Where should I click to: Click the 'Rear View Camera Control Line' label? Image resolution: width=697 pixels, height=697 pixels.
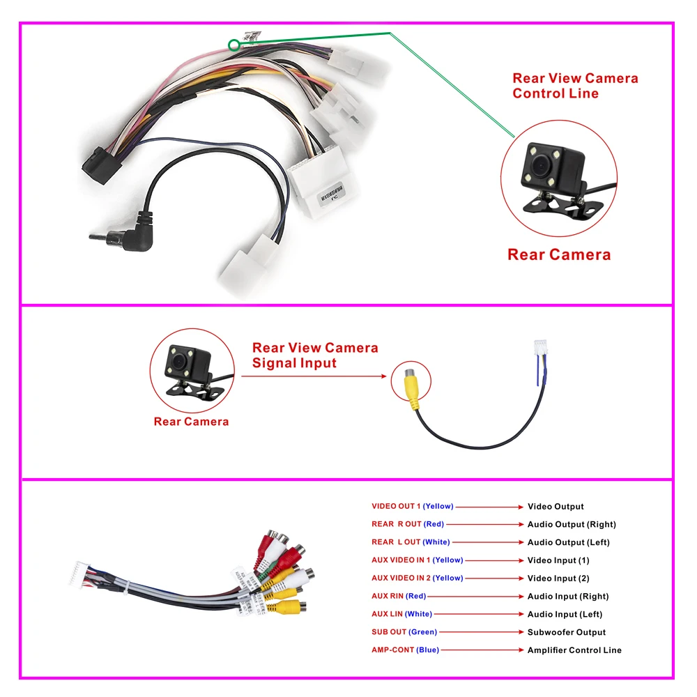pyautogui.click(x=575, y=86)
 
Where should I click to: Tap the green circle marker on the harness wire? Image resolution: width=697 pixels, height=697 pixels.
pyautogui.click(x=233, y=45)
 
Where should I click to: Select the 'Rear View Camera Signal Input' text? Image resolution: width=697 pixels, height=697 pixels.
pyautogui.click(x=315, y=355)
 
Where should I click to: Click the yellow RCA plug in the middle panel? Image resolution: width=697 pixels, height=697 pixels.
pyautogui.click(x=411, y=388)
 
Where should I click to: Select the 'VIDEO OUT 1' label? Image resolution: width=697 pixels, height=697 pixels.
pyautogui.click(x=396, y=506)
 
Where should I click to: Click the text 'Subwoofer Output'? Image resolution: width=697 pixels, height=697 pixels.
pyautogui.click(x=566, y=632)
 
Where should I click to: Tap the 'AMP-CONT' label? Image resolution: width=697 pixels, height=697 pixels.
pyautogui.click(x=392, y=650)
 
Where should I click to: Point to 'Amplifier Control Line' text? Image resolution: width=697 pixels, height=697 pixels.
pyautogui.click(x=574, y=650)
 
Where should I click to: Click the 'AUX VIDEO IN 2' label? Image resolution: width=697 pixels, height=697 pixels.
pyautogui.click(x=401, y=578)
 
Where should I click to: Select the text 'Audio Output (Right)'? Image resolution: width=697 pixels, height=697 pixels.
pyautogui.click(x=572, y=524)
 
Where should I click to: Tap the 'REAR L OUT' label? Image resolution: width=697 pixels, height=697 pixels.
pyautogui.click(x=396, y=542)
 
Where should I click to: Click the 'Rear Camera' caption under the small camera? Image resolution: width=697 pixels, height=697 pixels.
pyautogui.click(x=191, y=421)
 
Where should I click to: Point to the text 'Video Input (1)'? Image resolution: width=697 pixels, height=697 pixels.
pyautogui.click(x=558, y=560)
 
